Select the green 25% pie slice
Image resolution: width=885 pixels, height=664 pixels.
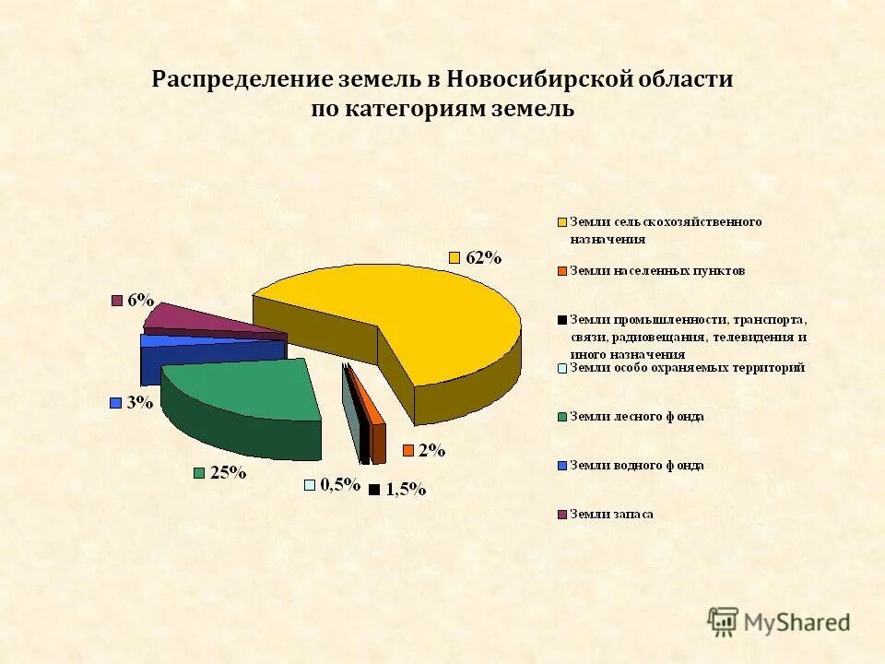tap(244, 392)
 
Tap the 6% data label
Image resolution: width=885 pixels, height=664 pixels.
tap(141, 300)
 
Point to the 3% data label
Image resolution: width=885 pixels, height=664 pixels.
tap(139, 402)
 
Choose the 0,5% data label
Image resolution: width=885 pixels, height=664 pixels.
tap(339, 485)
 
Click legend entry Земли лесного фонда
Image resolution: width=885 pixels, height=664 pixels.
tap(636, 417)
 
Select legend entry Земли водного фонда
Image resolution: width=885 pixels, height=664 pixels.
tap(636, 466)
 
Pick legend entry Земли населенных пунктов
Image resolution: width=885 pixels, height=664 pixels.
tap(656, 271)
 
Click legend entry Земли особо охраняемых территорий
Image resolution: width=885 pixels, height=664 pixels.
tap(687, 368)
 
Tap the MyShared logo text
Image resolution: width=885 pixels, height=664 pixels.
tap(797, 622)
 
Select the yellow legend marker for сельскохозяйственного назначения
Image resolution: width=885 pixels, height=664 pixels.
tap(561, 222)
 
